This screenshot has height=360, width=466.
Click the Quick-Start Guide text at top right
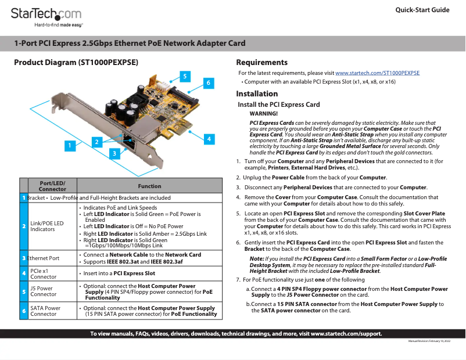click(x=422, y=10)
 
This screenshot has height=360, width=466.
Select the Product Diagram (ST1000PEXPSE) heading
click(x=76, y=62)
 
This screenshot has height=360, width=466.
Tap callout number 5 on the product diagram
click(x=184, y=76)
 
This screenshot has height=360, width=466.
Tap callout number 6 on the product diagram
click(x=207, y=83)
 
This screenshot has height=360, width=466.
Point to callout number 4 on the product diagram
click(x=208, y=138)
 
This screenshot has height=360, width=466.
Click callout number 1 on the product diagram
click(x=70, y=145)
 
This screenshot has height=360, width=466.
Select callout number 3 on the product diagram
click(x=115, y=153)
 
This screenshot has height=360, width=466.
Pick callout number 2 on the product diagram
click(x=97, y=141)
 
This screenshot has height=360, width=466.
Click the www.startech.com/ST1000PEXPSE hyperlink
click(x=377, y=73)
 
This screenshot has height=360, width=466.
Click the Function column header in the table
click(x=149, y=186)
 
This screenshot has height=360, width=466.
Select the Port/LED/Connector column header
click(x=52, y=186)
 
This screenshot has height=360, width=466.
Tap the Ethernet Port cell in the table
click(x=44, y=258)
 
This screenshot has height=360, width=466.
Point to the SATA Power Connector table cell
click(x=45, y=311)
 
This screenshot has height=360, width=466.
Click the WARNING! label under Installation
click(x=263, y=113)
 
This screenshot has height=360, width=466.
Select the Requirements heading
click(x=261, y=62)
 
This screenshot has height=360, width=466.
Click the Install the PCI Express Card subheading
click(x=279, y=105)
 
